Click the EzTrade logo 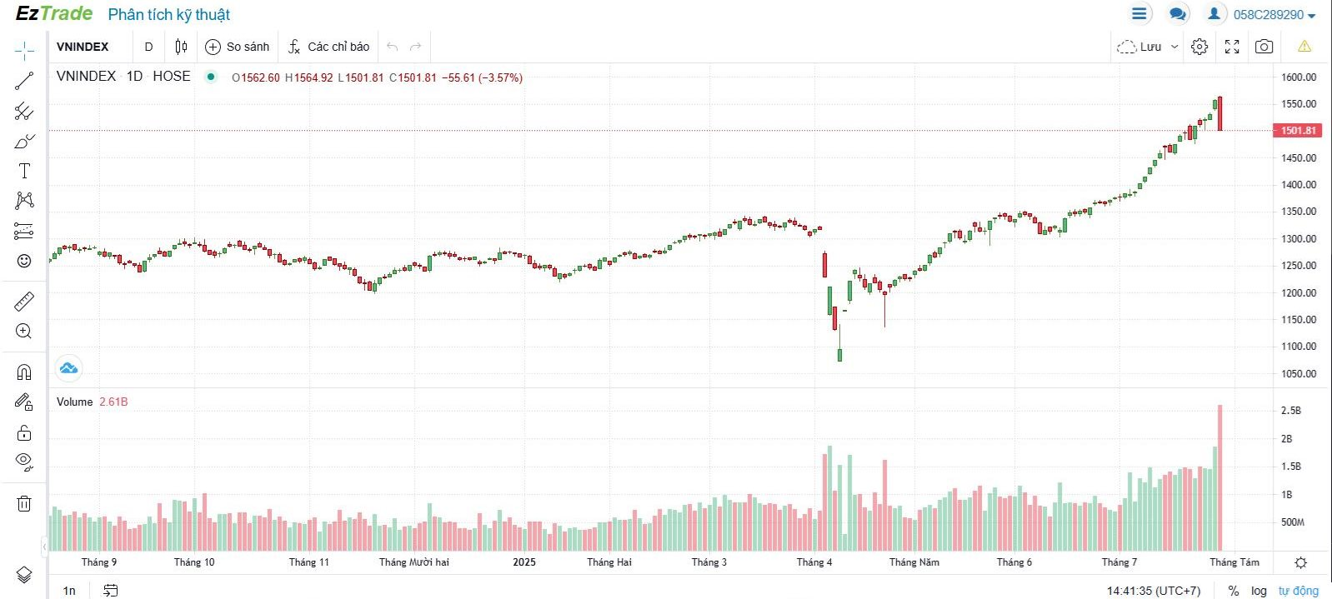54,13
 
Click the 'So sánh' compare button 238,47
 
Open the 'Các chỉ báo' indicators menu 329,47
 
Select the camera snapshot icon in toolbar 1264,47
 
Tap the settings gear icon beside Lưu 1199,47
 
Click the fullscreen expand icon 1232,47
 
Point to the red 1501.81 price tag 1298,131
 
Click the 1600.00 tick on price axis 1299,77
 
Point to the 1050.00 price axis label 1299,373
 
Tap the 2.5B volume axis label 1290,411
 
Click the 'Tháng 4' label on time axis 814,562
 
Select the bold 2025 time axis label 524,562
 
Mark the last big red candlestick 1219,114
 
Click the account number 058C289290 1268,15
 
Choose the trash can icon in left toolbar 24,503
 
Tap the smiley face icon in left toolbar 24,261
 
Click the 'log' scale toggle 1259,591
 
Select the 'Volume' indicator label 74,402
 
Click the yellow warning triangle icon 1304,47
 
